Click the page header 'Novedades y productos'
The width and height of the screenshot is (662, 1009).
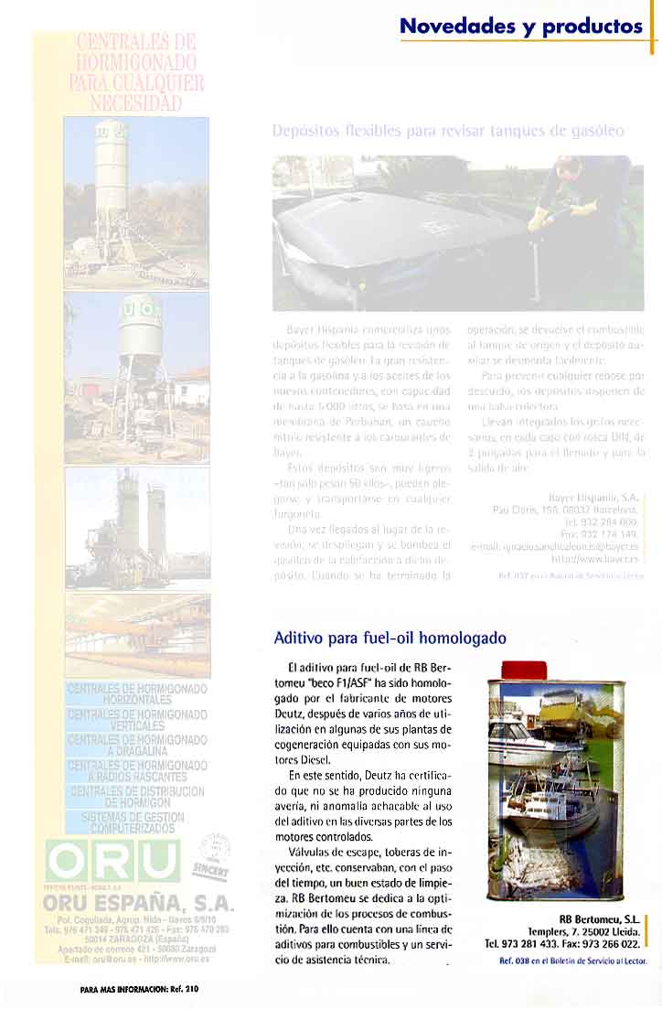pos(521,27)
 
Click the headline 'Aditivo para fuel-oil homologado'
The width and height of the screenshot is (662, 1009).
pos(390,638)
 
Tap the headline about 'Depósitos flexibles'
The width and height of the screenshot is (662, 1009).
pos(448,131)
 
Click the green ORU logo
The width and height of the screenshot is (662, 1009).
pos(113,860)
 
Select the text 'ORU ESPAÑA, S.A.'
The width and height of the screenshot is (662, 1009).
pos(139,904)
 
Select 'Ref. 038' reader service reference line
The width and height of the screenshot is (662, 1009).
pos(573,961)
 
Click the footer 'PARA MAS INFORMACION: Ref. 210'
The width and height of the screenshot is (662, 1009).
pos(139,989)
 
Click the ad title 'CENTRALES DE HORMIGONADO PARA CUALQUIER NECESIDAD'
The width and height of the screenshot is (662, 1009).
pos(136,71)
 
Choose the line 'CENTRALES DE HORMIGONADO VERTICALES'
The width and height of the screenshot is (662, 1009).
pos(138,720)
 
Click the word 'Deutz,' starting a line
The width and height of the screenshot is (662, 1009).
pos(292,715)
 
